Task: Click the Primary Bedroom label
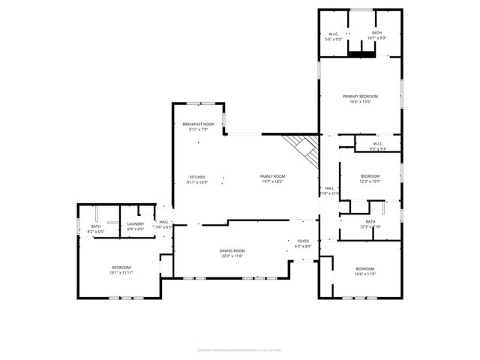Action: (x=360, y=97)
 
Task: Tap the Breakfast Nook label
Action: (x=198, y=124)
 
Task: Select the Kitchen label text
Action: (x=197, y=177)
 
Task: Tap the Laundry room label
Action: (x=136, y=223)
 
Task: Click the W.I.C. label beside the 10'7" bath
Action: (x=334, y=33)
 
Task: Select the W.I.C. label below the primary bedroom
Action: (x=377, y=144)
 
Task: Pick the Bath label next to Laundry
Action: (x=96, y=226)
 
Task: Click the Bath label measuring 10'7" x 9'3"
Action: (x=376, y=33)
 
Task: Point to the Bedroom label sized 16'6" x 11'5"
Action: (x=365, y=268)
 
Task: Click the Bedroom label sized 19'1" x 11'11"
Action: (x=122, y=268)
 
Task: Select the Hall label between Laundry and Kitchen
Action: (x=163, y=222)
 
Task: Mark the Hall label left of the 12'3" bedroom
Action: (x=328, y=188)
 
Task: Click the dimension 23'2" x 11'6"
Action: (x=232, y=256)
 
